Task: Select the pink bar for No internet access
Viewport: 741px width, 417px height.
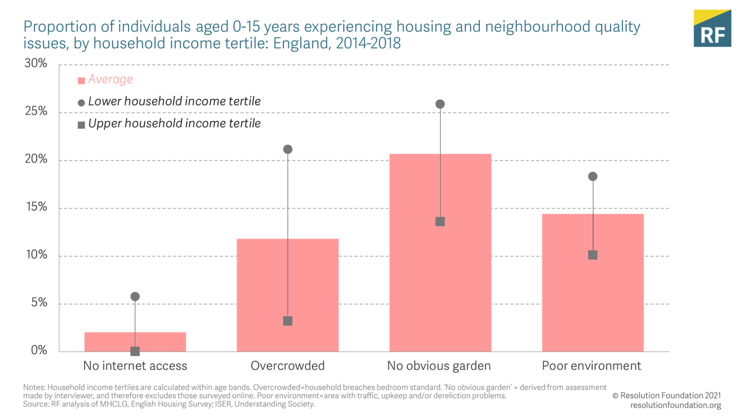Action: [x=135, y=342]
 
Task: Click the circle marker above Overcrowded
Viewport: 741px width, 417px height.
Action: [x=288, y=150]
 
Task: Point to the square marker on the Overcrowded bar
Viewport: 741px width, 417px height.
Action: [x=288, y=321]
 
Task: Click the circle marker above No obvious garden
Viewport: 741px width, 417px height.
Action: [x=440, y=104]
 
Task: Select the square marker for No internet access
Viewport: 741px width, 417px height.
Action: [x=135, y=351]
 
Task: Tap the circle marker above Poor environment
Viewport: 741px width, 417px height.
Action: [x=593, y=177]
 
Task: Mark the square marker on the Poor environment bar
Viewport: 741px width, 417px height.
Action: [x=593, y=255]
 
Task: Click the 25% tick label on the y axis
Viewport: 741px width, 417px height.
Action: [x=35, y=112]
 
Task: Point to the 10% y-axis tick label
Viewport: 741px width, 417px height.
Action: [x=35, y=255]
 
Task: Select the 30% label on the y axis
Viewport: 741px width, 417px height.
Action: [x=35, y=64]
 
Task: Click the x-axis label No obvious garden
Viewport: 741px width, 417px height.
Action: [x=439, y=366]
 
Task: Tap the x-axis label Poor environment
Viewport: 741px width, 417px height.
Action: [x=592, y=366]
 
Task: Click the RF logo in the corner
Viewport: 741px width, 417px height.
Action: [x=712, y=28]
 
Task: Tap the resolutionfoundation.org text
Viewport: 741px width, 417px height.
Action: [x=676, y=405]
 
